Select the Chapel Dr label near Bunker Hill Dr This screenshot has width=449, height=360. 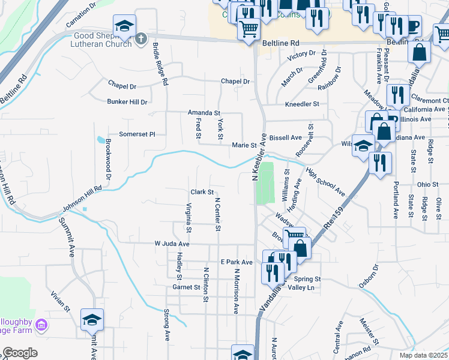[x=122, y=85]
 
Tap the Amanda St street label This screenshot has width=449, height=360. [x=204, y=113]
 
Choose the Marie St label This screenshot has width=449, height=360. [x=244, y=145]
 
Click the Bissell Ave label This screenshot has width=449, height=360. [x=285, y=137]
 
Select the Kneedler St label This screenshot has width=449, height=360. [x=302, y=104]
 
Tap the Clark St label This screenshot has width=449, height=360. [x=202, y=192]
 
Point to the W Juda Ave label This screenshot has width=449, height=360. [x=172, y=244]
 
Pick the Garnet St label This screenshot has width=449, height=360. [x=185, y=287]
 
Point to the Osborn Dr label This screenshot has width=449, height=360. [x=369, y=276]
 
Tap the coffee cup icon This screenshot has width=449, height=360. [x=413, y=26]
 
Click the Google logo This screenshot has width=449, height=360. [x=20, y=353]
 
